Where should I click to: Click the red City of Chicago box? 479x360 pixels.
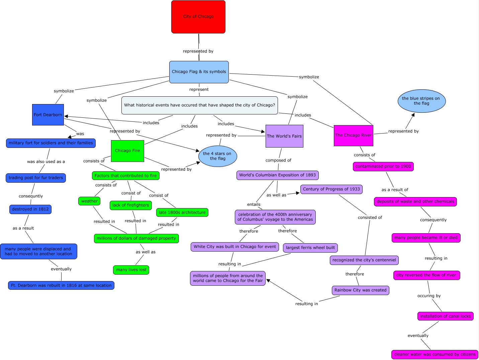point(198,17)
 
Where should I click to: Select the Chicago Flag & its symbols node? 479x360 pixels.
point(199,72)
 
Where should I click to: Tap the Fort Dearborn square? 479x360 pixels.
point(48,115)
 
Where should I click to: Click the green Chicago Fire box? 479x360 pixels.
point(127,151)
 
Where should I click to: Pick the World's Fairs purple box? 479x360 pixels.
point(284,136)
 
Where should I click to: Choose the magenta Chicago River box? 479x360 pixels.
point(353,136)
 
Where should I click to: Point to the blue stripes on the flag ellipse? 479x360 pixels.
point(421,101)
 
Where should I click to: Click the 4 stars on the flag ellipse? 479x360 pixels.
point(217,156)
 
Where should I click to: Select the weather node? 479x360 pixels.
point(89,201)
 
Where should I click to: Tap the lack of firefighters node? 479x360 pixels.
point(131,205)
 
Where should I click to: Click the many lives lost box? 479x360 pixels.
point(131,270)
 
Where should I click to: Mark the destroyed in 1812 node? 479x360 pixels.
point(30,209)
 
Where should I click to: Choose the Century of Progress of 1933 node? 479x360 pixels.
point(331,189)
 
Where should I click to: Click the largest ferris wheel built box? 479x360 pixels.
point(310,248)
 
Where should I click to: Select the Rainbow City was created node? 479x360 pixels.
point(360,290)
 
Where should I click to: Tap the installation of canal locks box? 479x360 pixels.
point(445,316)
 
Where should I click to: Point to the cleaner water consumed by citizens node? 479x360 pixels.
point(435,355)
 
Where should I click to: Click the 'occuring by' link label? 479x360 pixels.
point(429,296)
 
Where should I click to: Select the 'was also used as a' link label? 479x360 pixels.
point(46,162)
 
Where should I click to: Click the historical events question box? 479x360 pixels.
point(199,105)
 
